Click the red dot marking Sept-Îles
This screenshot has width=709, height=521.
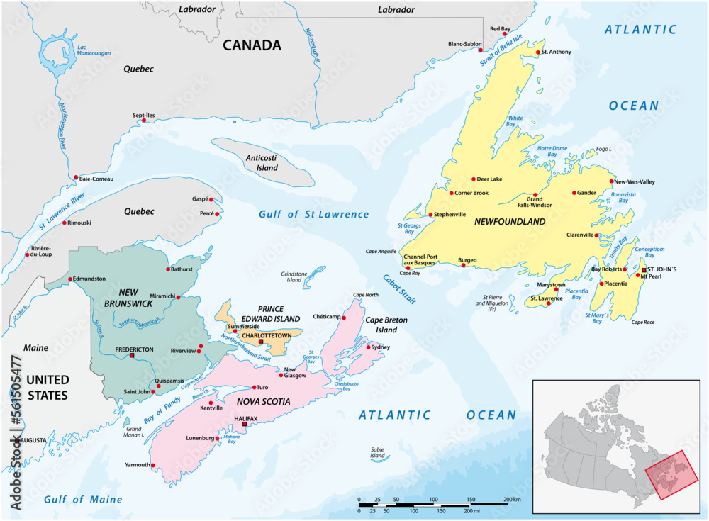tap(144, 121)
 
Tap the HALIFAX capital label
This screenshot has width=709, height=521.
tap(246, 418)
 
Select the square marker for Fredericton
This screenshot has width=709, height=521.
tap(132, 357)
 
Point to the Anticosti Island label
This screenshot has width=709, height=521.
tap(262, 163)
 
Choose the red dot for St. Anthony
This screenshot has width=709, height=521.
tap(539, 52)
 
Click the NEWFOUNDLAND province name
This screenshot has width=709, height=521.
tap(510, 222)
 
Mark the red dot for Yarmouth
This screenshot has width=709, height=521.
tap(154, 465)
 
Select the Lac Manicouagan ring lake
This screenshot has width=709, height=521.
tap(53, 55)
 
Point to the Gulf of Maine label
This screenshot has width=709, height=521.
tap(83, 500)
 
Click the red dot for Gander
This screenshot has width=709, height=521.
tap(574, 193)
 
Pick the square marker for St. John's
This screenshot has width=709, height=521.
tap(644, 270)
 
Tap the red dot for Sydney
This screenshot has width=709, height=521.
tap(369, 347)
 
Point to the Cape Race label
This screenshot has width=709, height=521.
tap(644, 322)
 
